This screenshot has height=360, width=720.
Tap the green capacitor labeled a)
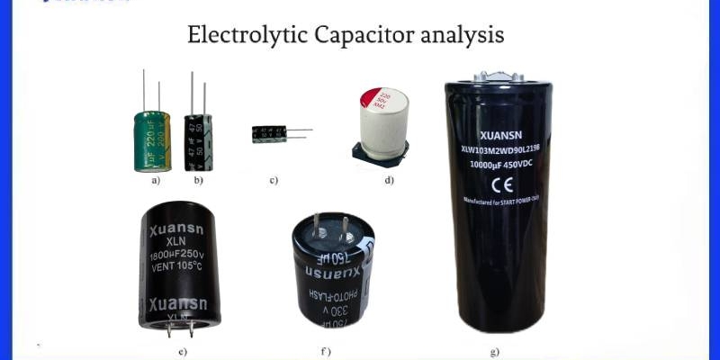(152, 140)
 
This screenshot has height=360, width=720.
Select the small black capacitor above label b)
(197, 141)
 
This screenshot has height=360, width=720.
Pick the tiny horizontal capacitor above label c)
(269, 133)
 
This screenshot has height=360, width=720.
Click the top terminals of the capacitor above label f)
(329, 225)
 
